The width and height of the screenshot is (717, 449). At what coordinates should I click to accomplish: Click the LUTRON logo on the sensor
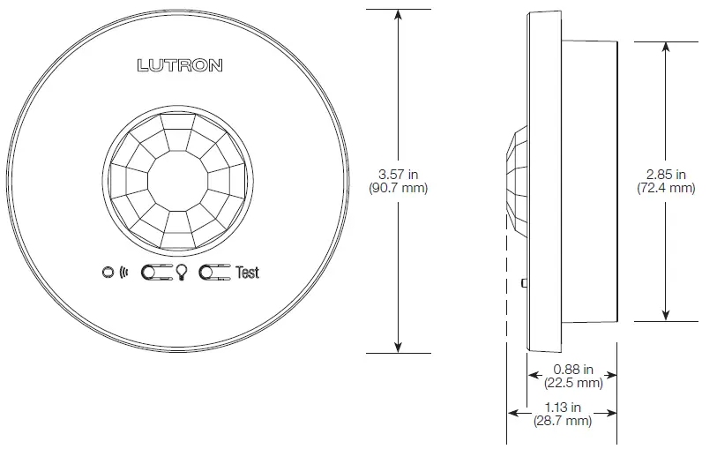pos(180,65)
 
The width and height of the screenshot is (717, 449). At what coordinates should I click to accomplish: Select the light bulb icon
pos(182,273)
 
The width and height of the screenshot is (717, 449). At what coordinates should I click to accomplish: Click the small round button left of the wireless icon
pos(108,273)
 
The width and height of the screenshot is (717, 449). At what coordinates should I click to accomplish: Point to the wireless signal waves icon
pos(123,273)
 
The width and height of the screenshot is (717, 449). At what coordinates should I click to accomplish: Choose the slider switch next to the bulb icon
pos(157,273)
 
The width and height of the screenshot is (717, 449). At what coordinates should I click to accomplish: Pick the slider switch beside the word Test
pos(215,273)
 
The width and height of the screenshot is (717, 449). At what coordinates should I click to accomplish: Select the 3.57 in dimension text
pos(399,175)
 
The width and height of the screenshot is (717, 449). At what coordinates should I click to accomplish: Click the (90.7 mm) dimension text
pos(399,189)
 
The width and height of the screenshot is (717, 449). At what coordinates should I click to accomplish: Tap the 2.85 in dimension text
pos(665,175)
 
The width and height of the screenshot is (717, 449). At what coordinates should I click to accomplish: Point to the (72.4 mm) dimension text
pos(665,189)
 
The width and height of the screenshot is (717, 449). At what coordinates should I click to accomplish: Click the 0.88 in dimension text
pos(572,370)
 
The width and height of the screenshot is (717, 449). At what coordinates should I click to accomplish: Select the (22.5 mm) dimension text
pos(572,383)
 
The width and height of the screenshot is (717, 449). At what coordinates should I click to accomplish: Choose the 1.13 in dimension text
pos(562,408)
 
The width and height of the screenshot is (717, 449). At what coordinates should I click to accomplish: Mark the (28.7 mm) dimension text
pos(562,421)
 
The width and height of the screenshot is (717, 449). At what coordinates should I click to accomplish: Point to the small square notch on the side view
pos(525,283)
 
